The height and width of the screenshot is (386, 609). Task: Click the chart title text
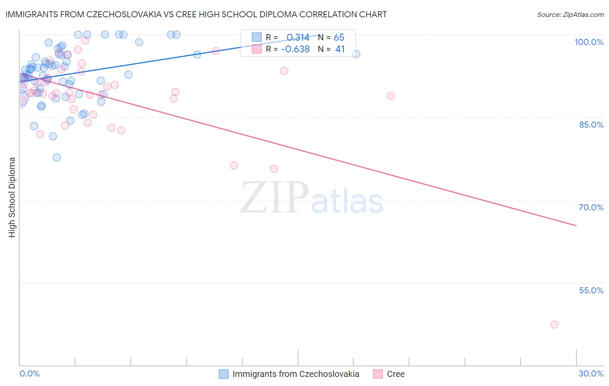(x=196, y=14)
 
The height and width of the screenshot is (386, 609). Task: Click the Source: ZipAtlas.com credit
(x=570, y=15)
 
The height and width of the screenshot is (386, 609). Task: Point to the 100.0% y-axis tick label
(x=589, y=42)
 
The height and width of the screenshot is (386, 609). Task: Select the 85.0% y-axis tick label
(x=591, y=125)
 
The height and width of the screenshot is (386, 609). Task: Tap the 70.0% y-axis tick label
(x=591, y=207)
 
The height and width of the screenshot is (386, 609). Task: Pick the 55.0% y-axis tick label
(x=591, y=290)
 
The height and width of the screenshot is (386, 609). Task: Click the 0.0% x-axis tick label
(x=29, y=373)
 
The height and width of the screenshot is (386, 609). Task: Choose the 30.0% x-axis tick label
(x=591, y=373)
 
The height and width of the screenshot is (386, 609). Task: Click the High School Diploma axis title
(x=12, y=197)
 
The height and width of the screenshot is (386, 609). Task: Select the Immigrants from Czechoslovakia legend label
(x=295, y=374)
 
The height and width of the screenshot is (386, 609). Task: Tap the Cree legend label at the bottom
(x=395, y=374)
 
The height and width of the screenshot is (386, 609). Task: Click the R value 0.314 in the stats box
(x=298, y=37)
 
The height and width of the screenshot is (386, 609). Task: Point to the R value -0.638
(x=295, y=49)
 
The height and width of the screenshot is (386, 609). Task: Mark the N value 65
(x=339, y=37)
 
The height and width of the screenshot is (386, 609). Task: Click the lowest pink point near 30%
(x=554, y=325)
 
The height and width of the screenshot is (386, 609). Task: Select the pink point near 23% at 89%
(x=391, y=96)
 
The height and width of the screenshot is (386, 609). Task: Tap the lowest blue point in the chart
(x=57, y=158)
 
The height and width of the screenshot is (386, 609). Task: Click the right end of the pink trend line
(x=576, y=225)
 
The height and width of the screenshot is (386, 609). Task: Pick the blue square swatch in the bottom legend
(x=224, y=374)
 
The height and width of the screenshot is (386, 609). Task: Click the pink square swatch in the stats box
(x=257, y=49)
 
